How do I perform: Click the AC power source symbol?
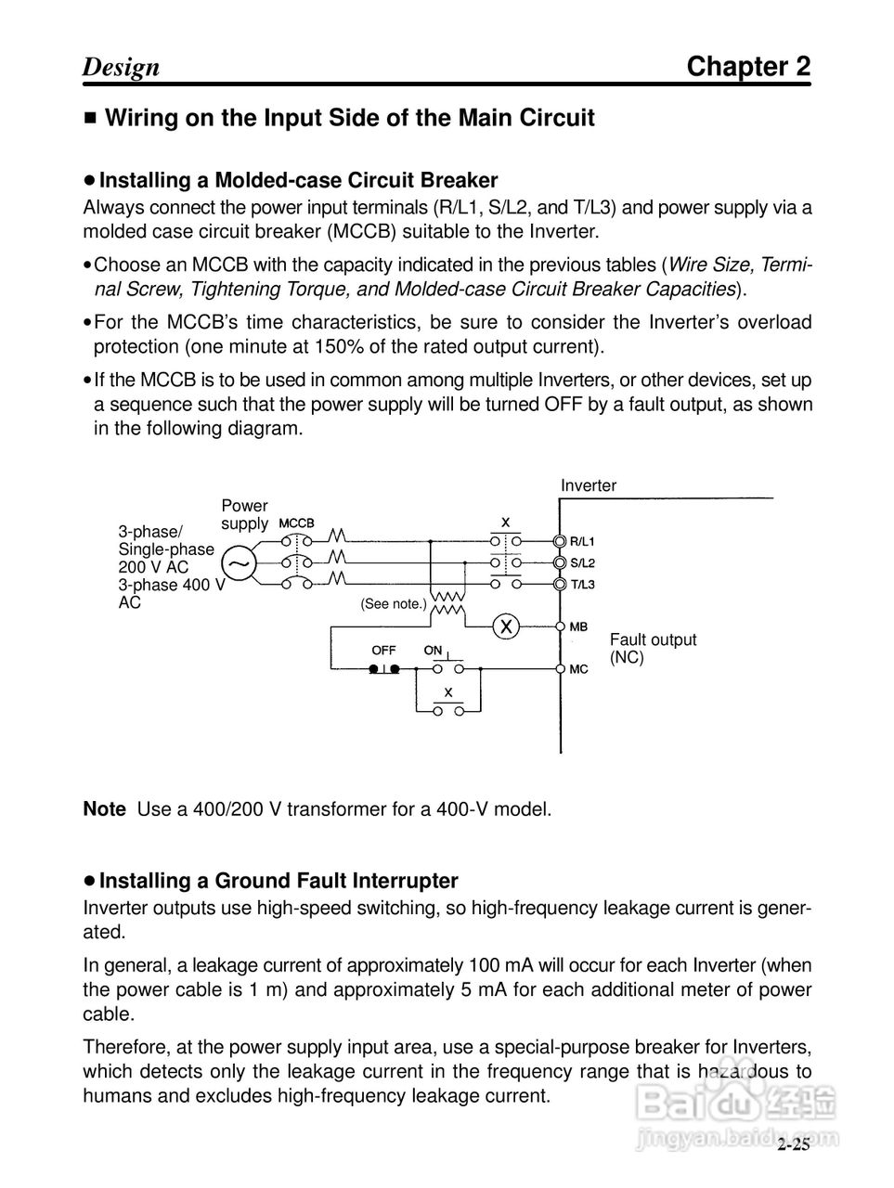coord(240,562)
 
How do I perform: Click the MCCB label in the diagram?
coord(296,523)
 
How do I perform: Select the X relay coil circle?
coord(507,626)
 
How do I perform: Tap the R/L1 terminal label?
coord(582,541)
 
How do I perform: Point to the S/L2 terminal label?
coord(582,562)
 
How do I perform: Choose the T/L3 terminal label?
coord(582,585)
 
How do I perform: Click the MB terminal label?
coord(578,627)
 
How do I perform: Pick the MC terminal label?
coord(578,669)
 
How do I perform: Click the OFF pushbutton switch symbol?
coord(383,668)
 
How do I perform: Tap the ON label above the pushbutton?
coord(434,651)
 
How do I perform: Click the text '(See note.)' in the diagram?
coord(394,604)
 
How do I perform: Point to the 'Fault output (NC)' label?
coord(652,648)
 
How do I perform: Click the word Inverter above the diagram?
coord(588,485)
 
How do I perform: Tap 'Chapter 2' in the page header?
coord(748,67)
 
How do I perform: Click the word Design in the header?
coord(121,68)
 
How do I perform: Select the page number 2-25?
coord(794,1145)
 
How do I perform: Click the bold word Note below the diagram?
coord(104,809)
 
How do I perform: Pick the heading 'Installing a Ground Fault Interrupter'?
coord(279,881)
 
